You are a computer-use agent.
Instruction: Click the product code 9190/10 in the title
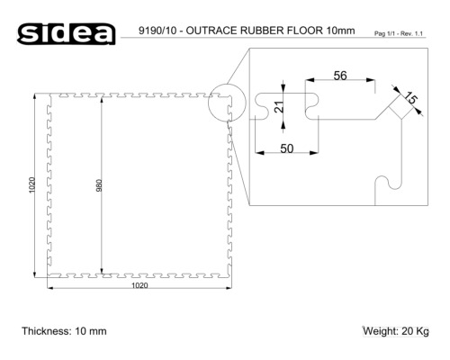coord(161,32)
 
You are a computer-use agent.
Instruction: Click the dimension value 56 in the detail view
coord(339,76)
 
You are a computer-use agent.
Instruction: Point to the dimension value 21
coord(279,106)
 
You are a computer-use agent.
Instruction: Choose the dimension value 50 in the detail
coord(286,148)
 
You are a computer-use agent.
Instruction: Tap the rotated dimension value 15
coord(410,99)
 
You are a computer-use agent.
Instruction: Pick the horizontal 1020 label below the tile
coord(139,286)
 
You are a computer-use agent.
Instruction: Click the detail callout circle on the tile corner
coord(225,106)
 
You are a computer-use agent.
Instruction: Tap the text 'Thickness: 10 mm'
coord(64,331)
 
